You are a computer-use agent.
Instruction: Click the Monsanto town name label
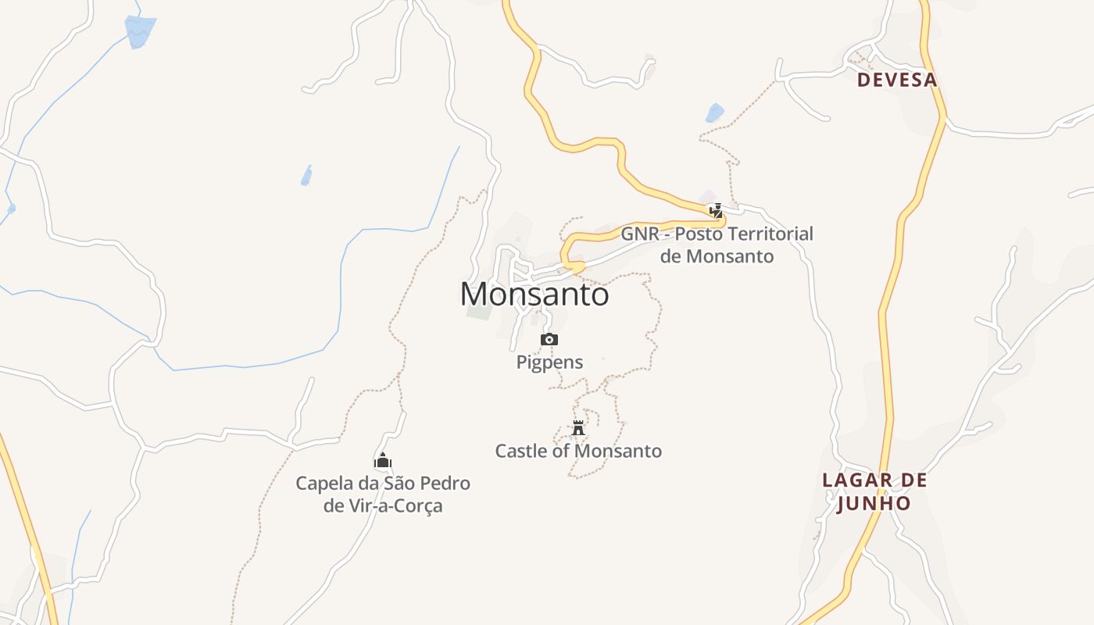tap(534, 295)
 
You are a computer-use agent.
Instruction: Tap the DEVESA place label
tap(896, 80)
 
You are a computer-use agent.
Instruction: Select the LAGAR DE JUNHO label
tap(874, 491)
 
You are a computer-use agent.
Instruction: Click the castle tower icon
tap(578, 427)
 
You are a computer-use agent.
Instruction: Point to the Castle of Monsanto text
tap(578, 451)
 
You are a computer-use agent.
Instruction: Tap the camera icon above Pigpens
tap(549, 339)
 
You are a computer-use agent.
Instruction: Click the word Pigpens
tap(549, 362)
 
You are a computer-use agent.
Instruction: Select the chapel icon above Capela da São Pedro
tap(382, 460)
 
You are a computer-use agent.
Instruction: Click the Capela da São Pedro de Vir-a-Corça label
tap(383, 494)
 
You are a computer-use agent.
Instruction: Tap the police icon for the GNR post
tap(716, 210)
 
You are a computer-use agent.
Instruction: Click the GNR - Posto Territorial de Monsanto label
tap(717, 245)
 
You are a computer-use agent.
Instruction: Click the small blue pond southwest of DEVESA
tap(714, 113)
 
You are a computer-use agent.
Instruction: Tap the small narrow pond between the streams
tap(306, 176)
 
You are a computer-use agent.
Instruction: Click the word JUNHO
tap(874, 503)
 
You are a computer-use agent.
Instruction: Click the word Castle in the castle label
tap(518, 451)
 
